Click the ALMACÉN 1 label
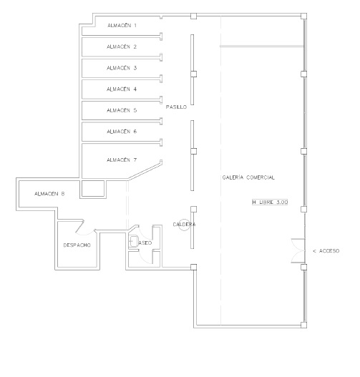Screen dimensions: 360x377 pos(122,25)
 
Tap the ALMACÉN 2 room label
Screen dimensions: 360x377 pos(122,46)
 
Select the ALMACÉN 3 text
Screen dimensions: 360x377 pos(122,68)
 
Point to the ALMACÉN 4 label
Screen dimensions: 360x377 pos(122,89)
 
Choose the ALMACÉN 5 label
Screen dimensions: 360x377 pos(122,110)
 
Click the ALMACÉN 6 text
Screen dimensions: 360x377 pos(122,132)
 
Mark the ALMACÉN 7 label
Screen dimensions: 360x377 pos(122,160)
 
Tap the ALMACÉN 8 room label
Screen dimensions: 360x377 pos(49,194)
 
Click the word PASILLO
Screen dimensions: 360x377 pos(176,107)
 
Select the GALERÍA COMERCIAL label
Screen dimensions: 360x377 pos(248,177)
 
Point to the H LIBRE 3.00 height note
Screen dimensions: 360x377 pos(270,202)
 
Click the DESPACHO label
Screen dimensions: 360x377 pos(77,245)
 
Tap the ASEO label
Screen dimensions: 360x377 pos(145,243)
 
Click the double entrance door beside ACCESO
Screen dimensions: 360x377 pos(298,251)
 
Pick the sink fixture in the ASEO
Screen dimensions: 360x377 pos(134,241)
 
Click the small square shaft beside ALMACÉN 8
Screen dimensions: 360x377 pos(93,189)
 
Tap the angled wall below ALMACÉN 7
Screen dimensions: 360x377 pos(145,172)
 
